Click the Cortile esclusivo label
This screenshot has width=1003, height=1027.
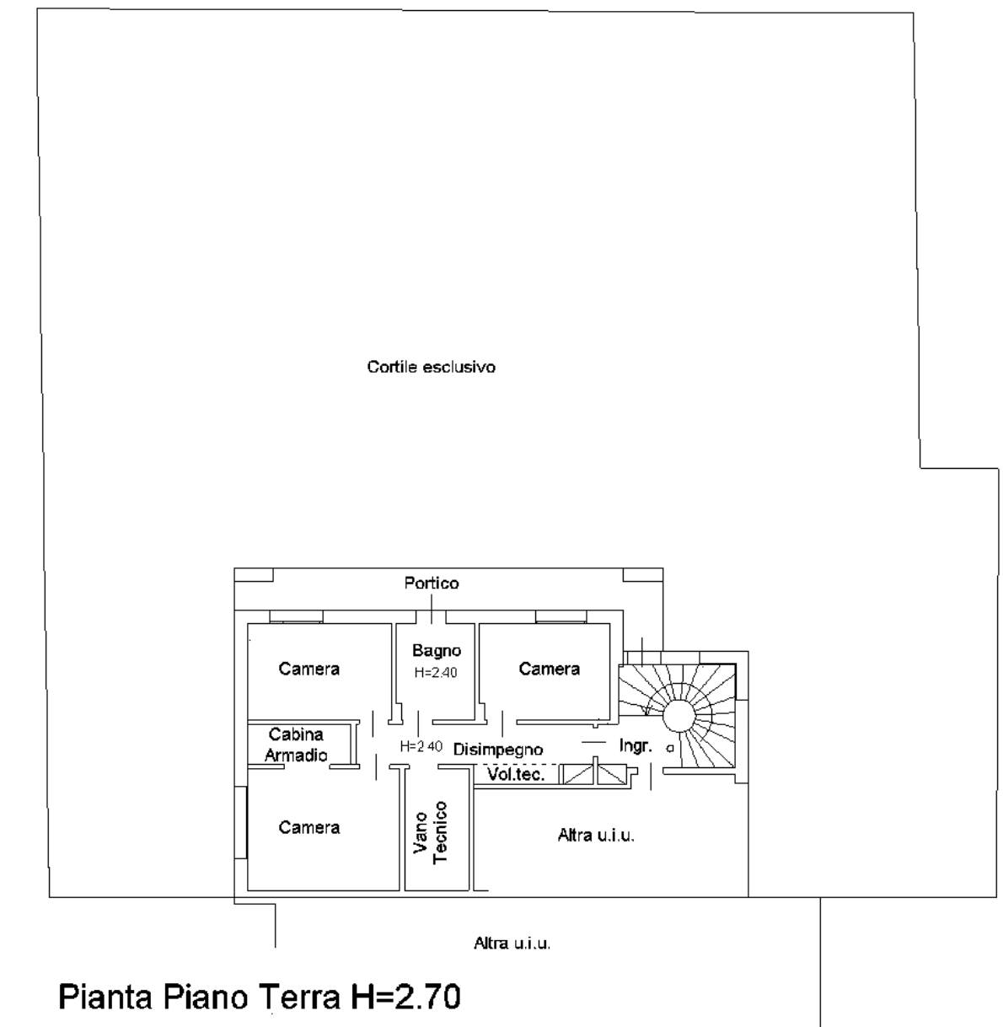tap(431, 367)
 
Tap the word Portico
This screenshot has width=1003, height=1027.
tap(432, 583)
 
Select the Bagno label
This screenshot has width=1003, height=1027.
tap(437, 651)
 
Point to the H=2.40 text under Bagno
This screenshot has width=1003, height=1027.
tap(436, 673)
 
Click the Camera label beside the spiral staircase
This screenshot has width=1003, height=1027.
tap(550, 669)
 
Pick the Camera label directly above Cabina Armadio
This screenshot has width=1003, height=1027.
tap(308, 669)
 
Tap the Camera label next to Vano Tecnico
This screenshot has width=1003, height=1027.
tap(308, 827)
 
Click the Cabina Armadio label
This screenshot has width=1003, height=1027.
tap(296, 745)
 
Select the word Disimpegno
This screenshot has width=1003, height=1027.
tap(498, 750)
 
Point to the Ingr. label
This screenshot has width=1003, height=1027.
tap(636, 746)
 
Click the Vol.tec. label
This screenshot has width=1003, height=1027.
tap(516, 775)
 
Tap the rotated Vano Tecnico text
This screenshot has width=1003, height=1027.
tap(431, 832)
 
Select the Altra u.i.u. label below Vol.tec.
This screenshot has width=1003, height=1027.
tap(596, 836)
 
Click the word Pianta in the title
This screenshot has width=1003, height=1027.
tap(105, 997)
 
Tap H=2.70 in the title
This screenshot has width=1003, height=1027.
tap(405, 997)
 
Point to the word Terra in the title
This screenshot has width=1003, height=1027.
tap(298, 997)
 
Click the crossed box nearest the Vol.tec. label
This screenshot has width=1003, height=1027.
tap(577, 774)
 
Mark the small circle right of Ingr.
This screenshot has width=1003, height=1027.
tap(670, 749)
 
